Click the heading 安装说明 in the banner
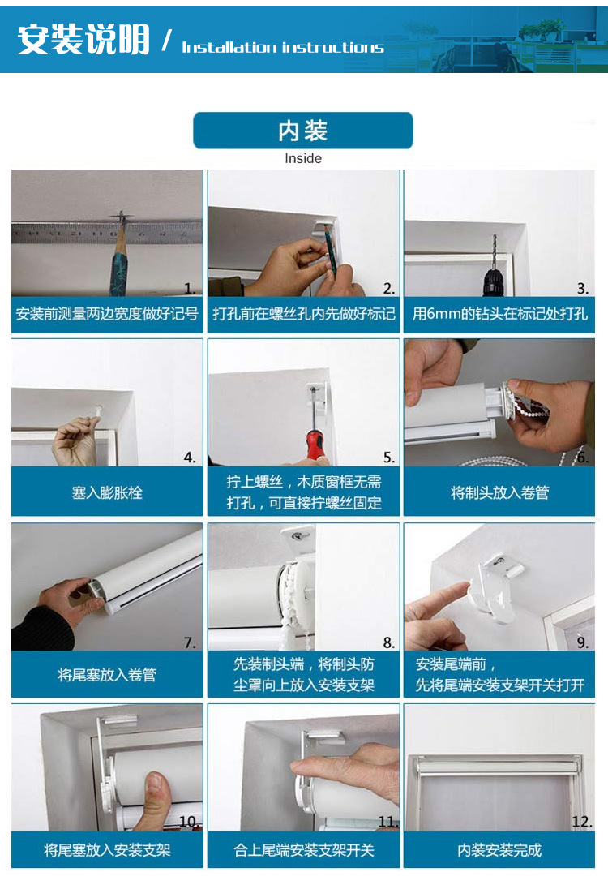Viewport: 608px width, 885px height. point(83,40)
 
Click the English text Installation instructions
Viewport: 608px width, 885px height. point(282,47)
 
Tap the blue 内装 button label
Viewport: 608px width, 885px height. point(302,131)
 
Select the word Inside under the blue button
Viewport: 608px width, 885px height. point(303,159)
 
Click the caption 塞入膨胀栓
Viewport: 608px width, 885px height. point(107,492)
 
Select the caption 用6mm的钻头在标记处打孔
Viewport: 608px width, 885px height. point(499,314)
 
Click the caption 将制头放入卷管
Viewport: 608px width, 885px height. point(499,492)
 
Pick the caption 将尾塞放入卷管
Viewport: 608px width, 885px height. point(107,674)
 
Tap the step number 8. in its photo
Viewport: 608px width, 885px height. point(389,642)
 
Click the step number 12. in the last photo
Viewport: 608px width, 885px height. point(581,822)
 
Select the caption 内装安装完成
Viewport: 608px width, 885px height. point(499,850)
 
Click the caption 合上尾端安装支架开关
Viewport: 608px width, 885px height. point(303,850)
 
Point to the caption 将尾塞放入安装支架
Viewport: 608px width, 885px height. point(107,850)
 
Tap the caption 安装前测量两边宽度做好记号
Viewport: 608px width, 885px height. point(107,314)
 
